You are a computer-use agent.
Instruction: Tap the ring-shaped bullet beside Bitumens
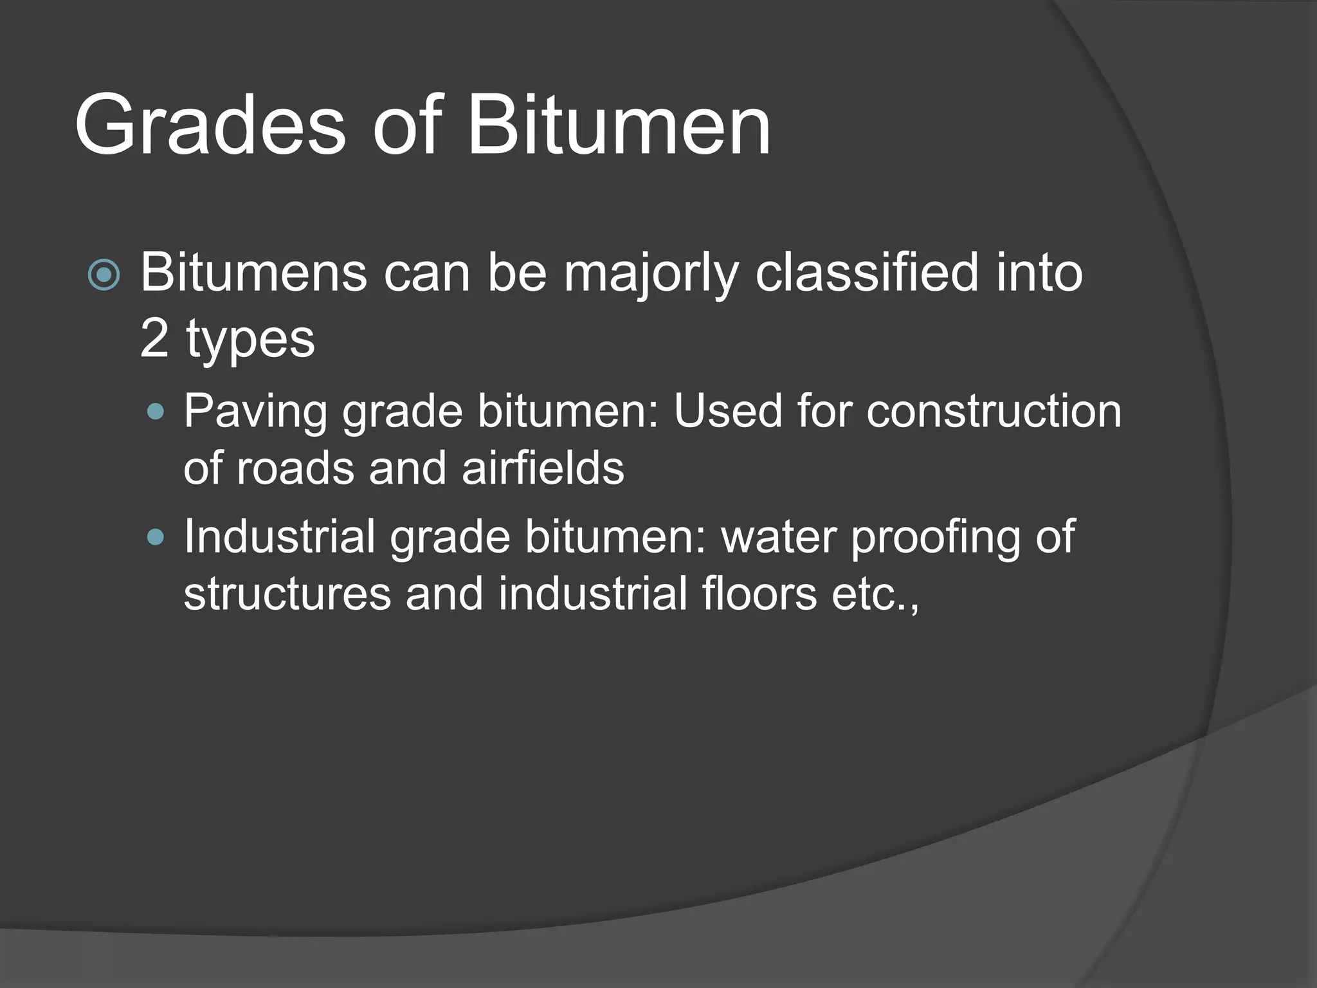(x=104, y=275)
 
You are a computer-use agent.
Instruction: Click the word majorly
(x=650, y=273)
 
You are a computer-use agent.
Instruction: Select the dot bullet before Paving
(x=155, y=412)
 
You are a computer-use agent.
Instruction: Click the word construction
(x=994, y=411)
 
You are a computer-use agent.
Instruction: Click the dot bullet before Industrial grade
(x=155, y=536)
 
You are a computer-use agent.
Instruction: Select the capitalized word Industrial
(x=280, y=536)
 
